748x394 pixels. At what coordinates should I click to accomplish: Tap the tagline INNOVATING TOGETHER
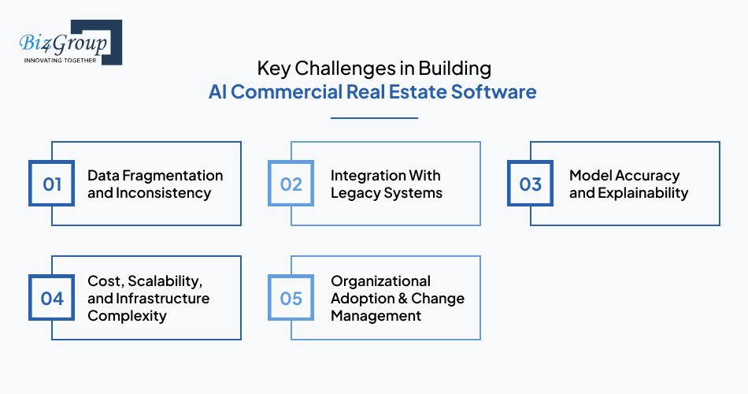click(x=61, y=60)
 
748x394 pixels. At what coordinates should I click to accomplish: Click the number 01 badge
click(x=52, y=184)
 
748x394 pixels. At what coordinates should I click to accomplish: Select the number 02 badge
click(x=291, y=184)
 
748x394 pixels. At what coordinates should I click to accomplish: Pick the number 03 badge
click(x=531, y=184)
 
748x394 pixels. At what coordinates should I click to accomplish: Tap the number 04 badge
click(x=52, y=298)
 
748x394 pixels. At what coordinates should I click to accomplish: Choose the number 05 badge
click(x=291, y=298)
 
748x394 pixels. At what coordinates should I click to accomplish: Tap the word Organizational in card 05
click(x=380, y=281)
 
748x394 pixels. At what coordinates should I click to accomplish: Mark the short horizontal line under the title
click(x=373, y=118)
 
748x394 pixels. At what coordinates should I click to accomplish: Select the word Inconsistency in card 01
click(x=162, y=192)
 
